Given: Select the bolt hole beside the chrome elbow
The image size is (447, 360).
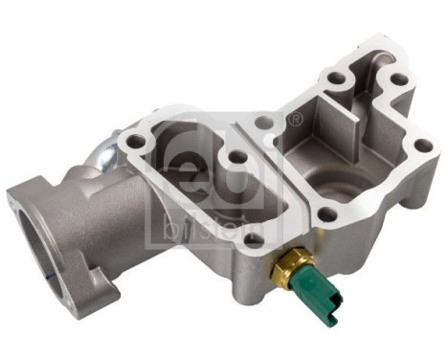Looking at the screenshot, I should point(138,142).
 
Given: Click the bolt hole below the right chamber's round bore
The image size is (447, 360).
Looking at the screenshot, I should point(326,215).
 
